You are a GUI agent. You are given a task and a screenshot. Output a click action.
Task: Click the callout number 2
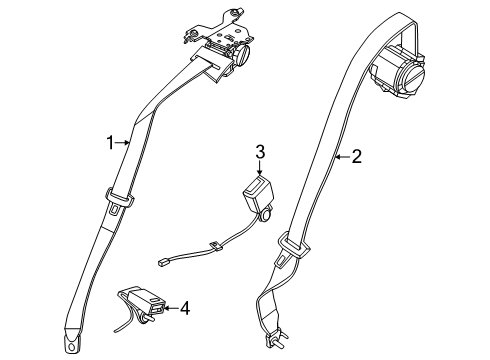pyautogui.click(x=355, y=156)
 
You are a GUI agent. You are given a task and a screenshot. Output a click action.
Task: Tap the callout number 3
pyautogui.click(x=259, y=151)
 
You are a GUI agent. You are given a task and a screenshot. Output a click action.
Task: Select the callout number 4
pyautogui.click(x=183, y=307)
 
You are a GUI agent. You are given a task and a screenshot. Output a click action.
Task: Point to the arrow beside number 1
pyautogui.click(x=125, y=142)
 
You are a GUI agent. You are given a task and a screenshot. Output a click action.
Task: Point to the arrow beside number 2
pyautogui.click(x=340, y=156)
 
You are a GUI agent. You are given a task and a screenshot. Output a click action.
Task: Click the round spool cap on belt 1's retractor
pyautogui.click(x=241, y=58)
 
